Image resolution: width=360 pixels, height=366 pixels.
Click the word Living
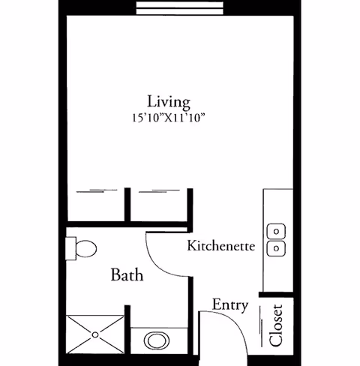(168, 101)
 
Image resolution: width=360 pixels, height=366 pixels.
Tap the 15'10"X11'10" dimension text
(168, 117)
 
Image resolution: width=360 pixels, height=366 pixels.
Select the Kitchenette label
(221, 245)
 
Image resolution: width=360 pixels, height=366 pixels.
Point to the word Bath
(127, 274)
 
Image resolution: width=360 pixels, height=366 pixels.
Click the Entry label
(229, 304)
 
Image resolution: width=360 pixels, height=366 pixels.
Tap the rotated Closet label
(276, 325)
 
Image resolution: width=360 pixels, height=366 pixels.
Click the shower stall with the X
(97, 334)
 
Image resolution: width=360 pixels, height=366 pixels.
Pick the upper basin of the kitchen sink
(277, 229)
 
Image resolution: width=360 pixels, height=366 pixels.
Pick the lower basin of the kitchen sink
(277, 247)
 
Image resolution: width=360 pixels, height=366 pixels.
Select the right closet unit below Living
(160, 204)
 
